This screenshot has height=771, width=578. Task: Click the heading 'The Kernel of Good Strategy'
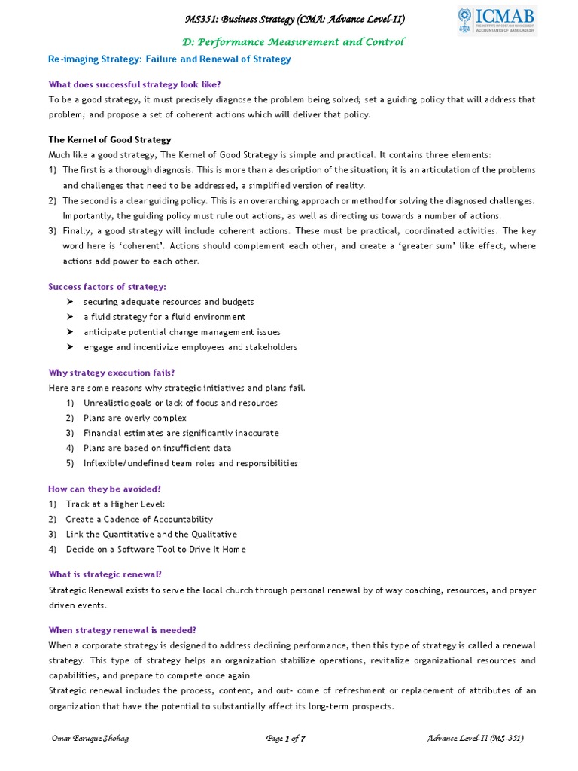pyautogui.click(x=110, y=139)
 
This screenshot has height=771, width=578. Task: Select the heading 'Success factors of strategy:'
pyautogui.click(x=107, y=286)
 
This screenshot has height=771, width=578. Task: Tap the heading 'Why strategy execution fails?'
pyautogui.click(x=111, y=373)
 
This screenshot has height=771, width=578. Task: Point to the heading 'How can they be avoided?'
pyautogui.click(x=105, y=489)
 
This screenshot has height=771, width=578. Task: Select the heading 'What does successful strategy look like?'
pyautogui.click(x=134, y=84)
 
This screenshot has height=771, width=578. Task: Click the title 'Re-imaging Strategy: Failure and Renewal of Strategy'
pyautogui.click(x=169, y=59)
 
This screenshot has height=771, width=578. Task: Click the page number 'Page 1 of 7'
pyautogui.click(x=286, y=739)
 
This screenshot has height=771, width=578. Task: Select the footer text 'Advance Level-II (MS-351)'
pyautogui.click(x=475, y=739)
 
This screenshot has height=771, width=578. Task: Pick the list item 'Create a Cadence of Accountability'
pyautogui.click(x=139, y=519)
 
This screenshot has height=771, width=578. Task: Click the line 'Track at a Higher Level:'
pyautogui.click(x=115, y=504)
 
